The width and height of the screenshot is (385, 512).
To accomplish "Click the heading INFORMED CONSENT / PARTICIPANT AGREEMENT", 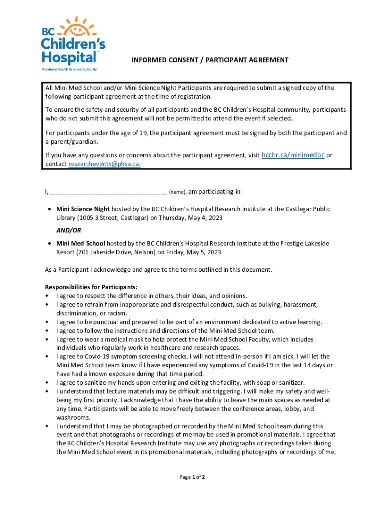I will [x=210, y=60].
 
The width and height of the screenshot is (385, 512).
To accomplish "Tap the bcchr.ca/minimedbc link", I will [x=293, y=155].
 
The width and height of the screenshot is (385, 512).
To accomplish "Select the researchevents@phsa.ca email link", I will [x=104, y=164].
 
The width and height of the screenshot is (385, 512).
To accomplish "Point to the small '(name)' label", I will [x=178, y=192].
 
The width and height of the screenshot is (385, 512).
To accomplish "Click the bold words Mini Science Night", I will [x=83, y=209].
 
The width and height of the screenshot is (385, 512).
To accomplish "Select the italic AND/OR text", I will [x=69, y=231].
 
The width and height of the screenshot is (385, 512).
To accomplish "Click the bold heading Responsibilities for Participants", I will [x=91, y=287].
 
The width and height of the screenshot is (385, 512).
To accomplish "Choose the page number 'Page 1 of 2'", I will [x=192, y=477].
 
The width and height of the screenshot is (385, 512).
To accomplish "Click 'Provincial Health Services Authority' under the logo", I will [x=69, y=69].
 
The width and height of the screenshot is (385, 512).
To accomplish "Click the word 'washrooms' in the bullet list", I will [x=73, y=417].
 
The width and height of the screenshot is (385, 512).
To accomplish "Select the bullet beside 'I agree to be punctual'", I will [x=47, y=322].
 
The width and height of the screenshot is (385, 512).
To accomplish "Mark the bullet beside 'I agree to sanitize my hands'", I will [x=47, y=383].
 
